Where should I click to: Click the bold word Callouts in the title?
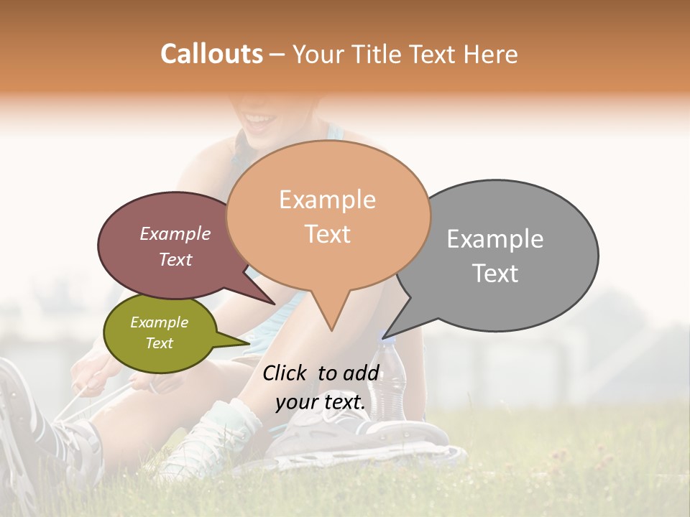pos(211,54)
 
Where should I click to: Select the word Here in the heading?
pos(490,54)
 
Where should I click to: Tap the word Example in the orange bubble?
pos(327,200)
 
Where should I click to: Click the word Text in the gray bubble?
pos(495,274)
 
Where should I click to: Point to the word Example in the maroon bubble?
pos(175,233)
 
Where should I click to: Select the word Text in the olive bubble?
pos(159,343)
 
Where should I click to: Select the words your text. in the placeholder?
pos(321,402)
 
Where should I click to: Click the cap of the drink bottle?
pos(386,344)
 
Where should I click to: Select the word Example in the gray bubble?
pos(495,238)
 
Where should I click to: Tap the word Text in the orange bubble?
pos(327,234)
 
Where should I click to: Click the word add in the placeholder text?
pos(361,373)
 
